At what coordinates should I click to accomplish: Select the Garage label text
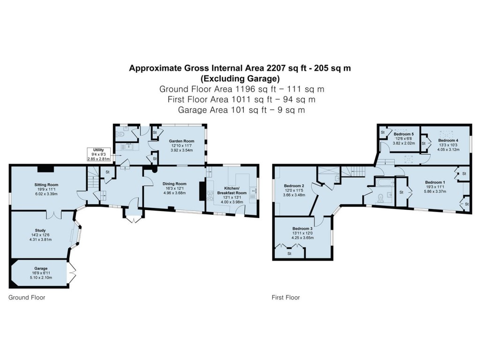tap(41, 269)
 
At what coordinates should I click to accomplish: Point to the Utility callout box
tap(98, 154)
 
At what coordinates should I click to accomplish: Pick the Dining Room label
tap(174, 184)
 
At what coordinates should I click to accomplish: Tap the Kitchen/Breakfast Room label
tap(233, 190)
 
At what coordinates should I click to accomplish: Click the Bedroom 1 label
tap(435, 182)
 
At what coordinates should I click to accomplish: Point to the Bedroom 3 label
tap(301, 229)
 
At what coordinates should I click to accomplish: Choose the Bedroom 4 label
tap(448, 141)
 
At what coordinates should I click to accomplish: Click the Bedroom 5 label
tap(403, 134)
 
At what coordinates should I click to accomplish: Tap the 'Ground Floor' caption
tap(27, 298)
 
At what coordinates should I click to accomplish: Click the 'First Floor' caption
tap(286, 298)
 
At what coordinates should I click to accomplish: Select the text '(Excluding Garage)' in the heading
tap(240, 78)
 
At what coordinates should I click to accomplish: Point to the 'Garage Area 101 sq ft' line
tap(240, 110)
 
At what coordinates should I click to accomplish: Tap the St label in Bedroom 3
tap(289, 254)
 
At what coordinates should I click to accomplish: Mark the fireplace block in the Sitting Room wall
tap(46, 168)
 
